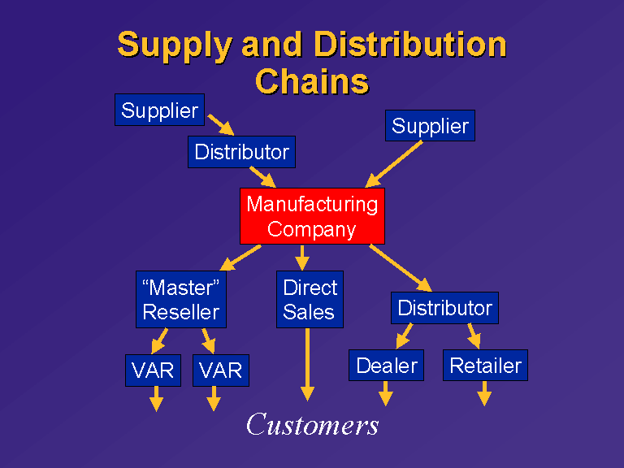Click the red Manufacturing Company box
click(x=312, y=216)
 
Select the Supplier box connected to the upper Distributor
click(x=159, y=110)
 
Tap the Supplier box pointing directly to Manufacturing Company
click(x=430, y=125)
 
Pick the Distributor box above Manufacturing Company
click(x=241, y=152)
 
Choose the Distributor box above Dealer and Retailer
click(x=444, y=308)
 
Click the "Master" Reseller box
click(x=181, y=299)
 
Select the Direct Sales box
click(x=310, y=299)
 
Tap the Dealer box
click(x=386, y=366)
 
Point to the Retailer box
click(x=486, y=366)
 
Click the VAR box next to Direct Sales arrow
click(x=221, y=370)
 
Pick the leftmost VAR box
click(x=154, y=370)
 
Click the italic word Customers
click(x=312, y=424)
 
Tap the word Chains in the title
click(x=312, y=81)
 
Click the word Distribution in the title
click(x=409, y=44)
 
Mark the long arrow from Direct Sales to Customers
click(x=307, y=364)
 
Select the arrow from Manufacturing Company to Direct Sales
click(x=302, y=258)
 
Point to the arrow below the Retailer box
click(x=484, y=393)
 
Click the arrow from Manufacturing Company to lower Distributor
click(x=401, y=268)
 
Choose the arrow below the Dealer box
click(x=386, y=393)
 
